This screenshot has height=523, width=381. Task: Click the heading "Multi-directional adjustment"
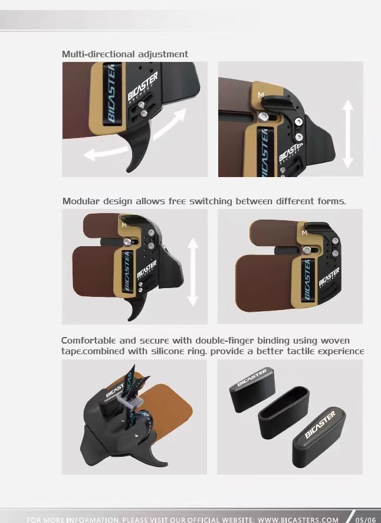125,54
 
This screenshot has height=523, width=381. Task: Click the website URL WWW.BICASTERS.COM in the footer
298,519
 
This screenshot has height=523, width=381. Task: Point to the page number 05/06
365,519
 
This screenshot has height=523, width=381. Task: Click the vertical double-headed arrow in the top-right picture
347,134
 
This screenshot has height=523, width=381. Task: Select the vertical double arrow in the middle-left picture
193,272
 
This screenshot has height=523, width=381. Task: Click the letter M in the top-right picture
261,95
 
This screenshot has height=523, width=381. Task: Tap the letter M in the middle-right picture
304,233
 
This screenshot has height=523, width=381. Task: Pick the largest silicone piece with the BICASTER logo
319,437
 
